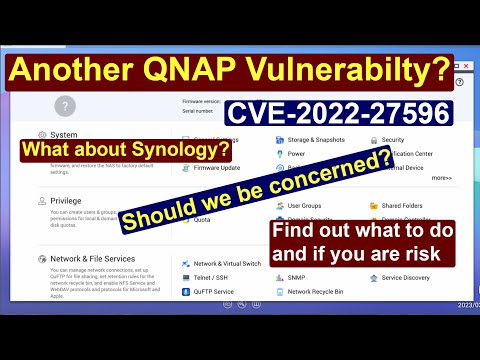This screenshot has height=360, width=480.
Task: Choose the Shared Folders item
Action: tap(405, 204)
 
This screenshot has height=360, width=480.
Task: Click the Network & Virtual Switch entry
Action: tap(228, 263)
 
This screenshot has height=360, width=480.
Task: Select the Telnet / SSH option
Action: tap(212, 277)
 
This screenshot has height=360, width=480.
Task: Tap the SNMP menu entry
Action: tap(298, 277)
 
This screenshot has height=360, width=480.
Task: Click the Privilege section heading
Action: tap(65, 199)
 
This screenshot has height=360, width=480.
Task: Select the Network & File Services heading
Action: tap(92, 257)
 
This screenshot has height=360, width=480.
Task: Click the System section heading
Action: tap(62, 133)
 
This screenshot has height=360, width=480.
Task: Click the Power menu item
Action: tap(296, 154)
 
